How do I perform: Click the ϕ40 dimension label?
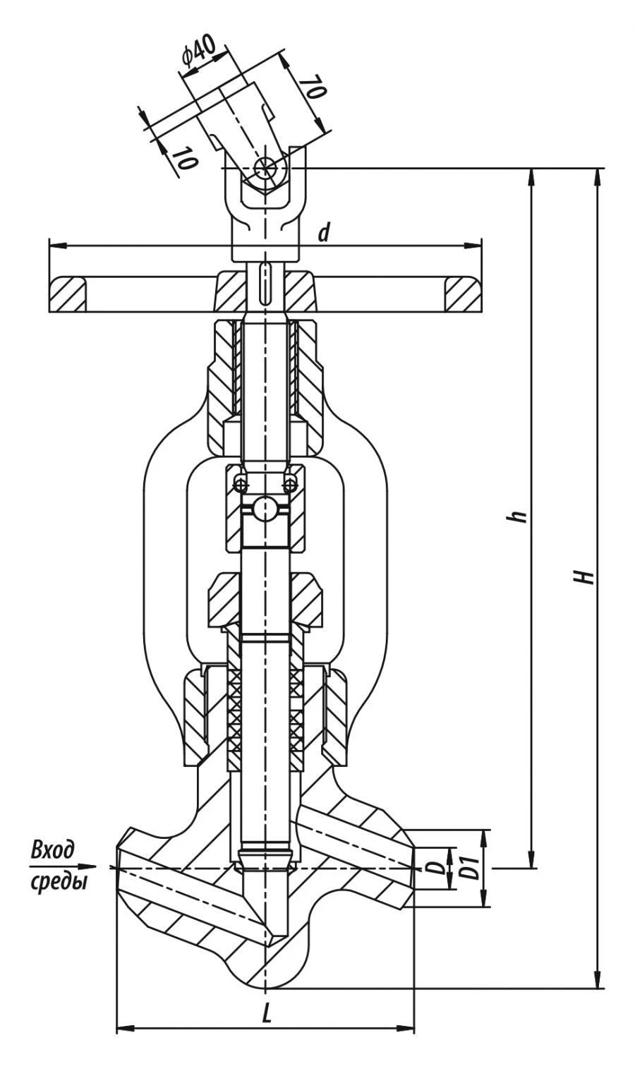(x=199, y=54)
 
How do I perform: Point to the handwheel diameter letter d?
(x=323, y=232)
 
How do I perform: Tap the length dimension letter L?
(x=266, y=1014)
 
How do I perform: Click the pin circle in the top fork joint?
(x=267, y=167)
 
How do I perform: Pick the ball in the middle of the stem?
(x=265, y=509)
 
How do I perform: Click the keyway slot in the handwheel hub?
(x=265, y=283)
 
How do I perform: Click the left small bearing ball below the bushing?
(x=241, y=483)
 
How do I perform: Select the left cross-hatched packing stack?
(x=234, y=713)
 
